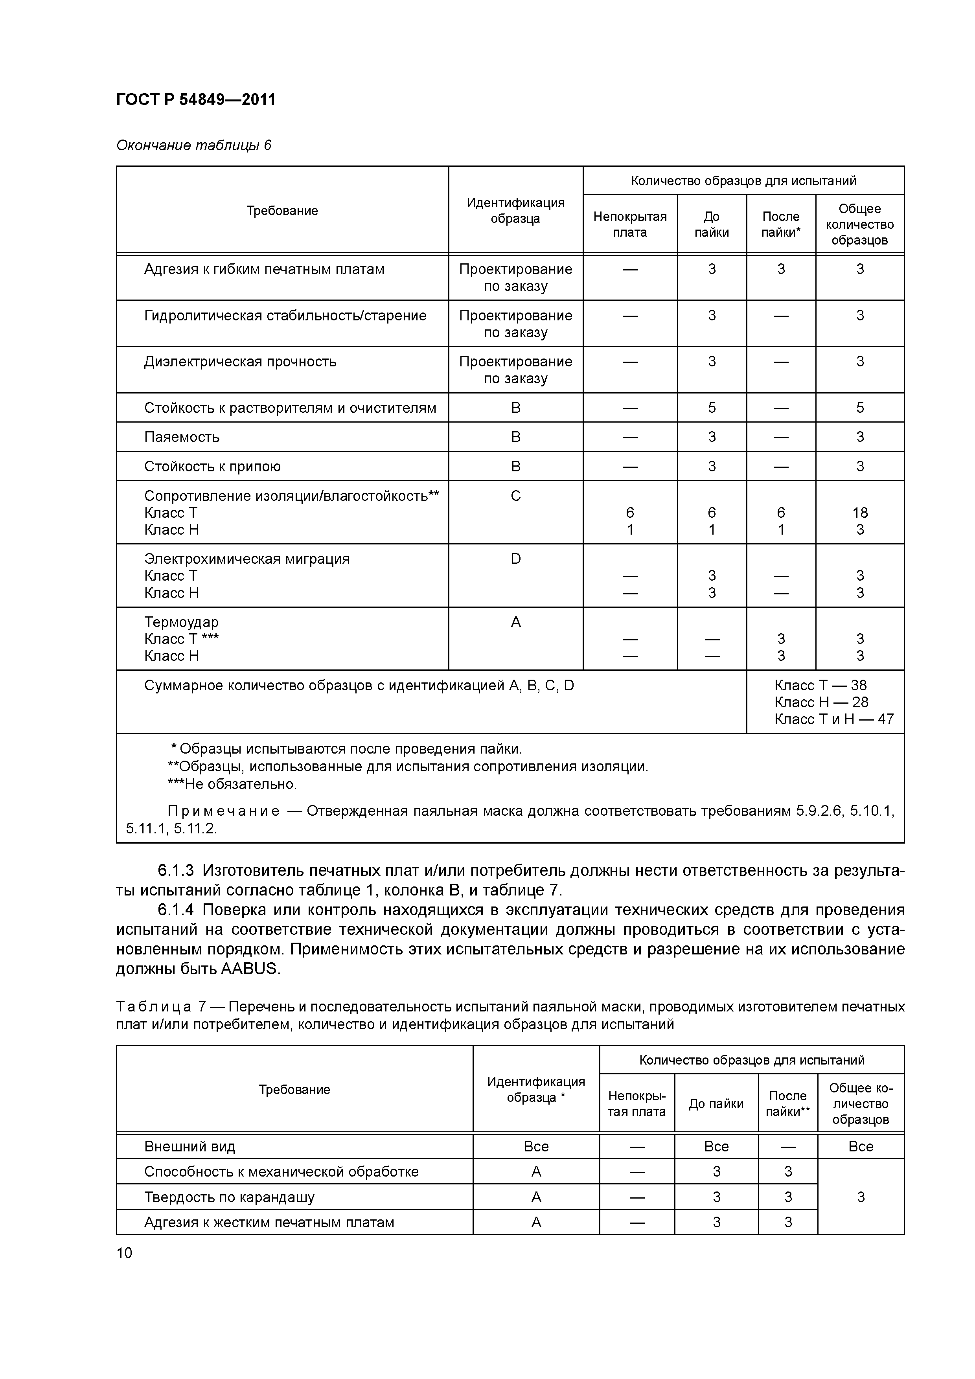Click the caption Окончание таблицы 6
[x=193, y=145]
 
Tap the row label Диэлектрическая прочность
[x=240, y=362]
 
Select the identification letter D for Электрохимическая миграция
[x=515, y=559]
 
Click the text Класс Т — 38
[x=820, y=685]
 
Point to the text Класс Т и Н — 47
[x=833, y=719]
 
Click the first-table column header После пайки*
[x=780, y=224]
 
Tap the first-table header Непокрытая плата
[x=629, y=224]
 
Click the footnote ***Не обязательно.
[x=232, y=784]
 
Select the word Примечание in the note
[x=223, y=811]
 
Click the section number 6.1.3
[x=175, y=870]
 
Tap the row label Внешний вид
[x=189, y=1147]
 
